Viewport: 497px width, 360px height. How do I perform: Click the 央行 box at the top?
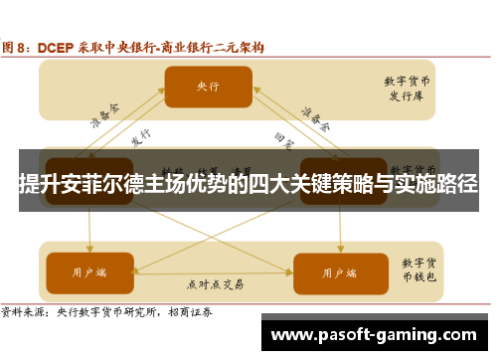[x=206, y=87]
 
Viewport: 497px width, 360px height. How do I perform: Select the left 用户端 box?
[x=88, y=270]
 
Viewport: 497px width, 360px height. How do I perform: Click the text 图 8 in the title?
[x=20, y=46]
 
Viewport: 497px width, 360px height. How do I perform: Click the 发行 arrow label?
[x=140, y=135]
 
